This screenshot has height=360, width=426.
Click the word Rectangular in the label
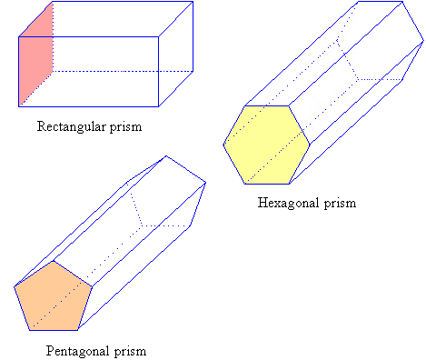(70, 126)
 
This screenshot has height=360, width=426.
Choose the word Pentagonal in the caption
(76, 349)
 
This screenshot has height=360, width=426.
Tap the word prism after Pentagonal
(130, 349)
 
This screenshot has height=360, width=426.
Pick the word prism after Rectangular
(124, 126)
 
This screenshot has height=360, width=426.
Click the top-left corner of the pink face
(19, 37)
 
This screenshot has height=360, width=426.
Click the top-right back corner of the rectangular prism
(193, 3)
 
